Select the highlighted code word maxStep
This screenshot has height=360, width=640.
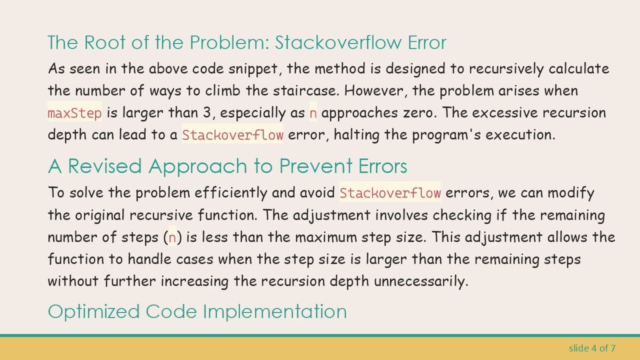coord(74,113)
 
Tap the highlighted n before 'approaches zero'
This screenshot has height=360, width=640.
coord(313,113)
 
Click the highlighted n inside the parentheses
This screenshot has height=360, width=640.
coord(172,237)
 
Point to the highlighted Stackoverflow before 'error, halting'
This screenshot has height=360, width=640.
coord(232,135)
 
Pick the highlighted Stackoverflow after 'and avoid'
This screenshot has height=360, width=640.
coord(390,193)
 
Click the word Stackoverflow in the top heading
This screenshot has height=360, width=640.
coord(338,43)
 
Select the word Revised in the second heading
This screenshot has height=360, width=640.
coord(104,166)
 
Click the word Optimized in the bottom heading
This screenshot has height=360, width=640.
coord(94,311)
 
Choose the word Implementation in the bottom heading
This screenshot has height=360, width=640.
coord(274,311)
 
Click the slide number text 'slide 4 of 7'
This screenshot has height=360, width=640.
coord(592,348)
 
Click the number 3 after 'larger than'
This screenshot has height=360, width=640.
coord(206,113)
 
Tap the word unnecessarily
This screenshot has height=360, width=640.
coord(420,281)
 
